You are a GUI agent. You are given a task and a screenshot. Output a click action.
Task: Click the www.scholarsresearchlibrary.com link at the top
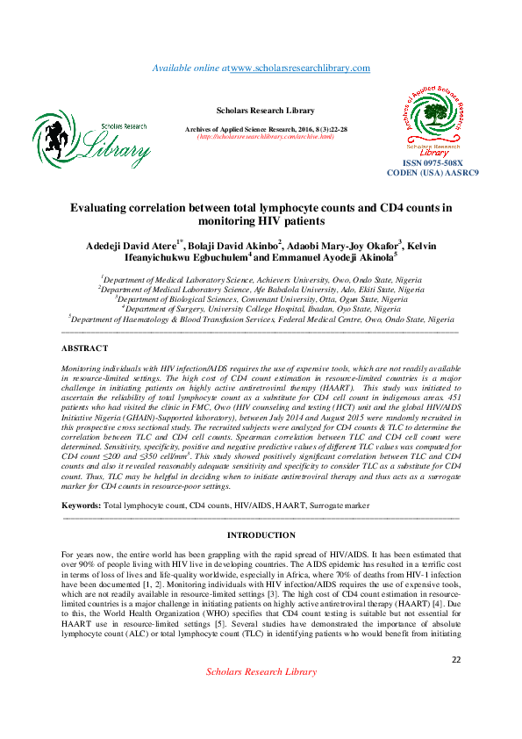(299, 68)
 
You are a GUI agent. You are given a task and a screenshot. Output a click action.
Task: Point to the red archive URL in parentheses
(265, 137)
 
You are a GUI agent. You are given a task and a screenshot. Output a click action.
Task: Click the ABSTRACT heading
(85, 348)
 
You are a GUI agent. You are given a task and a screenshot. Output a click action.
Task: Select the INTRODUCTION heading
(261, 535)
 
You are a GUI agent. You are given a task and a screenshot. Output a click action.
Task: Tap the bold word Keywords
(82, 506)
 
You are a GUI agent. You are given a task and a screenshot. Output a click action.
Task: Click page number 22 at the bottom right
(455, 684)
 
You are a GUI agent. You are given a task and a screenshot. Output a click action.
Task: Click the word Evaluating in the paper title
(105, 208)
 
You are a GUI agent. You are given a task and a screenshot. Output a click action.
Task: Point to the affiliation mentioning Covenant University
(261, 298)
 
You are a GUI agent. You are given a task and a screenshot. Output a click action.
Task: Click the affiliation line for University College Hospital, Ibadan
(261, 308)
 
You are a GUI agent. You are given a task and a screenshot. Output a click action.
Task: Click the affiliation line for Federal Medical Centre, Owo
(261, 319)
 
